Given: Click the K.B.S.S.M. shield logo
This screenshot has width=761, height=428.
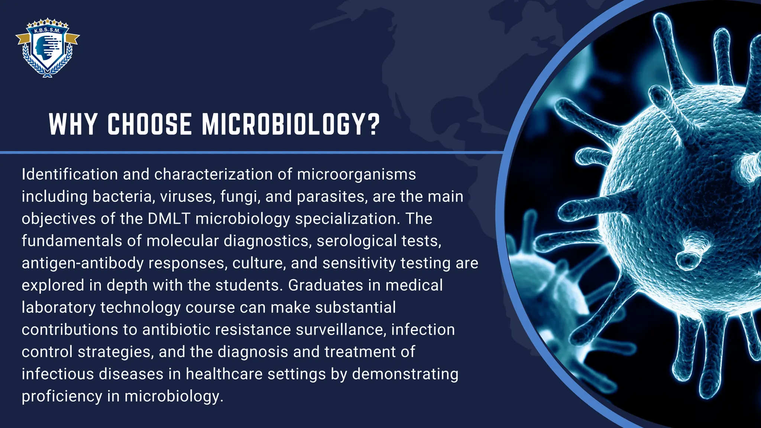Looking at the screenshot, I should coord(48,48).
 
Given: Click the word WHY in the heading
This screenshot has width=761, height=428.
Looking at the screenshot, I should coord(73,124).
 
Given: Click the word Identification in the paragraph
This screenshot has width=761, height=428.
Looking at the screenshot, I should coord(69,174).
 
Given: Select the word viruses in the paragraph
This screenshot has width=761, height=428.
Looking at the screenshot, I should coord(187,197).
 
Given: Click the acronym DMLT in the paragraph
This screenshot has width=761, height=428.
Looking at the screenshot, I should coord(169,219).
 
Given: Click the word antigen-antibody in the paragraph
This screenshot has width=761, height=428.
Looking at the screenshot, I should coord(82,263).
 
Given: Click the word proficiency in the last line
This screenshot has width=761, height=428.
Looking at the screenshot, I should coord(62,396).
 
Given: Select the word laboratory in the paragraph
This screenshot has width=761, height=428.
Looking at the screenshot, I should coord(58,308).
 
